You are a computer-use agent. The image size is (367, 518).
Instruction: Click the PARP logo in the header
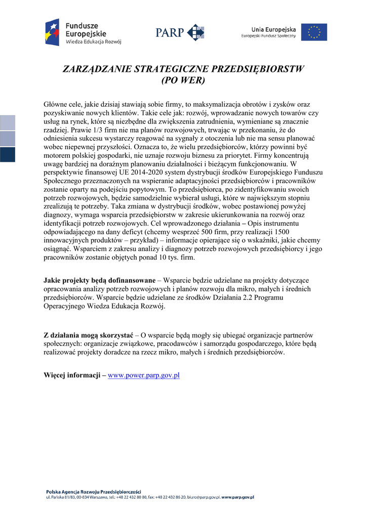(x=180, y=32)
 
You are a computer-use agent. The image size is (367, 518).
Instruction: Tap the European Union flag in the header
(x=314, y=32)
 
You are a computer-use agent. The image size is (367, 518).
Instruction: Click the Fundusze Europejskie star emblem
(x=53, y=32)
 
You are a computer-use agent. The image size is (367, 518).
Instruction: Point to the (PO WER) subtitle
(x=183, y=80)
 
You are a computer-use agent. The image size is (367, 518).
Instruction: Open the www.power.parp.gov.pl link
(x=144, y=375)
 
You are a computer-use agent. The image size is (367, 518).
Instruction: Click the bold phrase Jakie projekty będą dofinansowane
(x=99, y=280)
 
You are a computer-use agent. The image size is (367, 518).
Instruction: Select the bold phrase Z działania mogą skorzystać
(x=88, y=335)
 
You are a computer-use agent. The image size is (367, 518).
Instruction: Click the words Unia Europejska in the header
(x=273, y=29)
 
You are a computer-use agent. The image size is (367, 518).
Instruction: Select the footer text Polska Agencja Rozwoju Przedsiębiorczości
(x=93, y=492)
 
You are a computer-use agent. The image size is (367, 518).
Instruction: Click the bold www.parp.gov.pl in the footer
(x=237, y=497)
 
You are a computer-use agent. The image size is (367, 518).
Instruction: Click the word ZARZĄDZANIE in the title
(x=95, y=69)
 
